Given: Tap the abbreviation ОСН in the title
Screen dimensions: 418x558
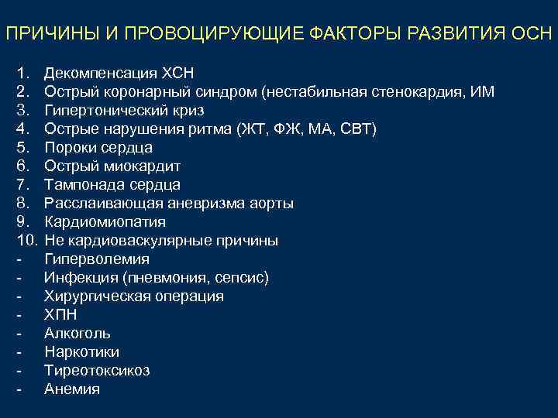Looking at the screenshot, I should (x=532, y=34).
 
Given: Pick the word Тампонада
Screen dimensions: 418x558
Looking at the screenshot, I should (x=80, y=185).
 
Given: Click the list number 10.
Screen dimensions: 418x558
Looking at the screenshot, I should (x=24, y=241).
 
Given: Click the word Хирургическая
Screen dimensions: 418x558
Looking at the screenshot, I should (x=95, y=296).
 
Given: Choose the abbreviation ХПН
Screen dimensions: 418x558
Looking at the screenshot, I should (x=60, y=315).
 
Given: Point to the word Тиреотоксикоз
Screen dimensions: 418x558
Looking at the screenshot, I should (x=97, y=371).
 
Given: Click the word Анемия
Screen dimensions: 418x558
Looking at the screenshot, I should (x=72, y=389).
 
